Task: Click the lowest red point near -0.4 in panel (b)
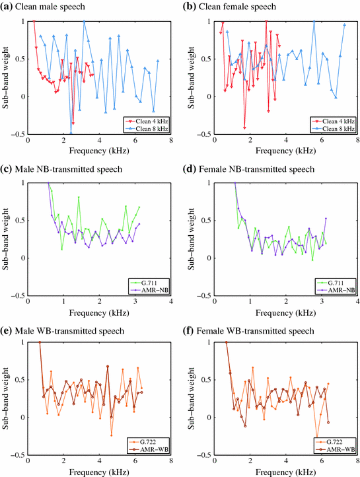click(x=244, y=128)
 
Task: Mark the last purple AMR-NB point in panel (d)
click(x=326, y=218)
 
